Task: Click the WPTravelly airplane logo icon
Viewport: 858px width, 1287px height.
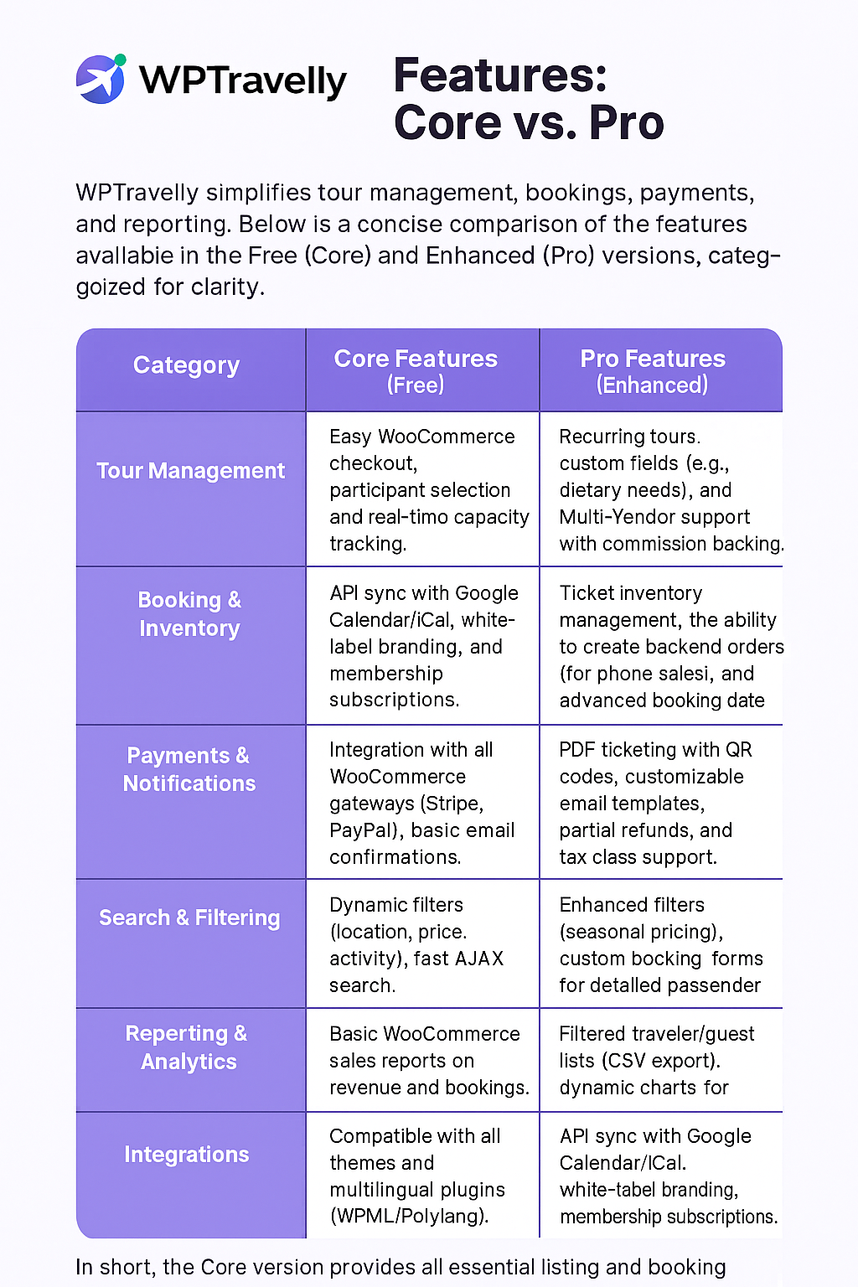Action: tap(101, 79)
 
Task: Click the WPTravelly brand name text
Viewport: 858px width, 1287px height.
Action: tap(242, 80)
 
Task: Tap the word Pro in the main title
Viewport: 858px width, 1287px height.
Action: tap(626, 123)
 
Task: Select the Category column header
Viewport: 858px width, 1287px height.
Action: tap(186, 365)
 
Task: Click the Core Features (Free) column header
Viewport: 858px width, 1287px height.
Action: tap(416, 370)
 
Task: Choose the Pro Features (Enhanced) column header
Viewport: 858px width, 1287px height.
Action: tap(653, 370)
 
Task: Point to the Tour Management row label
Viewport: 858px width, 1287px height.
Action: tap(190, 471)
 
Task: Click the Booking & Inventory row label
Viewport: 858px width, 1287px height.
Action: tap(189, 614)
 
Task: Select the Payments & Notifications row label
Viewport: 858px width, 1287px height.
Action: tap(189, 769)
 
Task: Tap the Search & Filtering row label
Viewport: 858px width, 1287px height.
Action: tap(189, 918)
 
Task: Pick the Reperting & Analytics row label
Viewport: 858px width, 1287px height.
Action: tap(187, 1047)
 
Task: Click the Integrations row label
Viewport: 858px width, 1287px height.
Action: tap(187, 1155)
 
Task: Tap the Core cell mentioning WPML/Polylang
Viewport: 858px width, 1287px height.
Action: tap(417, 1176)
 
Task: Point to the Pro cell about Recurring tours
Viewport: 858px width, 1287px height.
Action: tap(666, 490)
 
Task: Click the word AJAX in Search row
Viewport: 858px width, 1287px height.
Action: tap(480, 959)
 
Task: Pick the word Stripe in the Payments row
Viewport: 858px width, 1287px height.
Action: tap(452, 804)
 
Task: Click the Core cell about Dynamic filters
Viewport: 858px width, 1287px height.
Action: tap(416, 945)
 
